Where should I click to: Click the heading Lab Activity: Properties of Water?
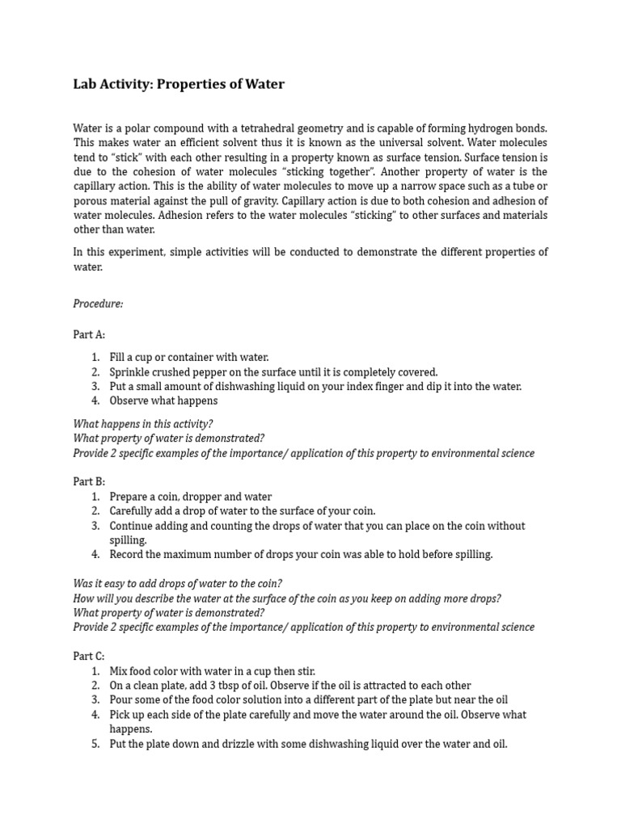click(x=179, y=84)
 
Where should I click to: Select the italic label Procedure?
click(x=99, y=304)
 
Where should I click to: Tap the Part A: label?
click(x=89, y=334)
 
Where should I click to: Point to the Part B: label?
click(x=89, y=481)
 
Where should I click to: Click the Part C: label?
click(x=89, y=657)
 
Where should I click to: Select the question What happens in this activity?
click(x=143, y=423)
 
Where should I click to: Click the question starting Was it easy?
click(x=178, y=584)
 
